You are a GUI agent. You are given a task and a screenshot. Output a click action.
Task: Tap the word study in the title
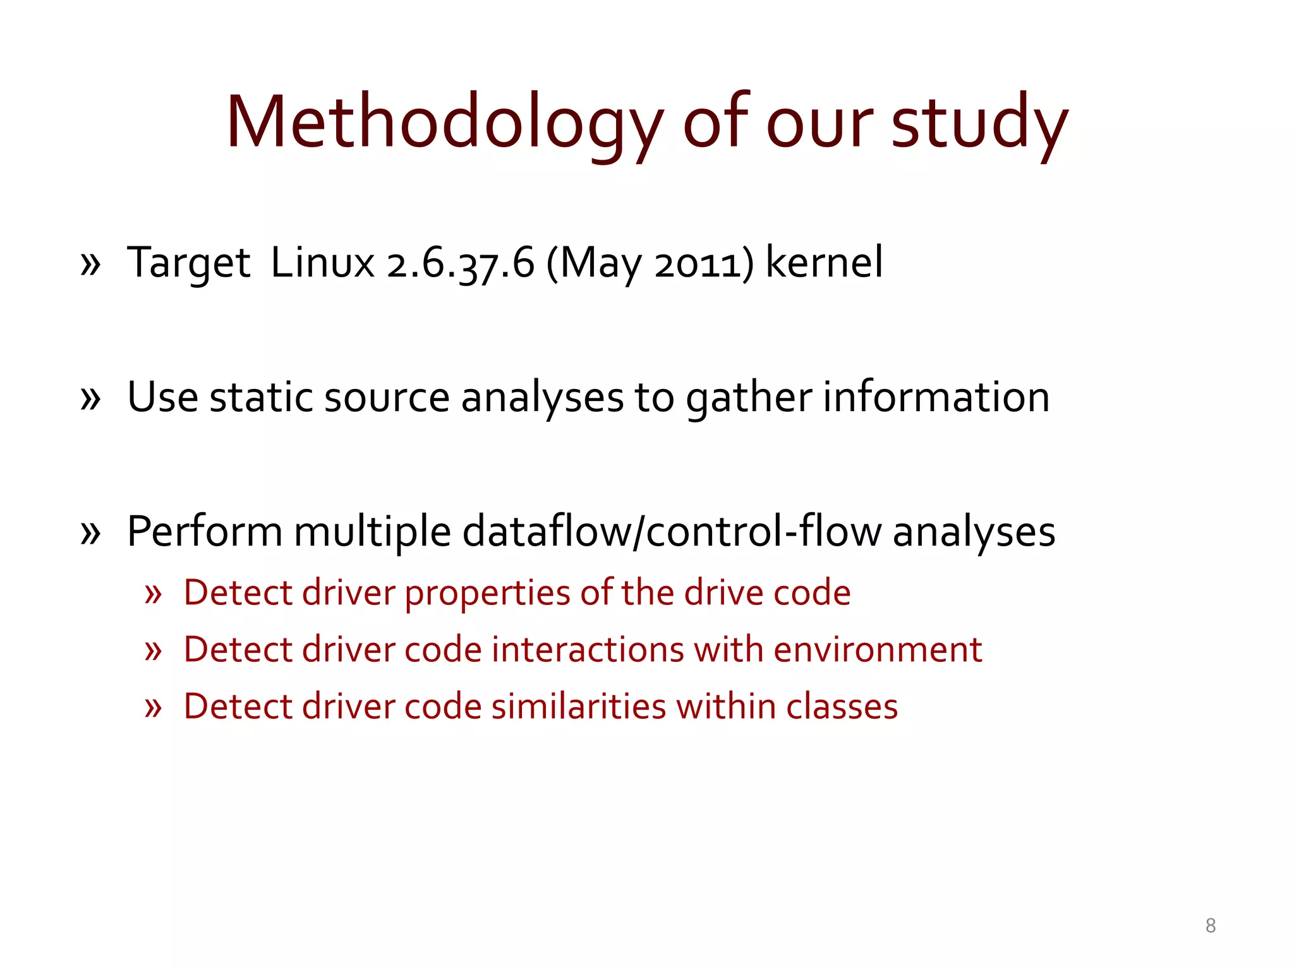click(x=979, y=123)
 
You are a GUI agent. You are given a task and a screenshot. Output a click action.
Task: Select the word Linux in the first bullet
click(x=322, y=263)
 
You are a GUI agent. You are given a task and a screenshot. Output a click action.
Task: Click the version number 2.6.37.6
click(x=461, y=264)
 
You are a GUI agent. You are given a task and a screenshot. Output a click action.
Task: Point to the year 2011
click(x=698, y=264)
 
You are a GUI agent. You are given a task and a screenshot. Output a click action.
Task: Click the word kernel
click(x=824, y=263)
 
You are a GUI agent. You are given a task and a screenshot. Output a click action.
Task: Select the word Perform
click(x=204, y=532)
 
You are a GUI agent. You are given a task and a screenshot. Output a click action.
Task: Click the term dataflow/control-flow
click(x=672, y=532)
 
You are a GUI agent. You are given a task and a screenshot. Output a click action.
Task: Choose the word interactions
click(x=588, y=650)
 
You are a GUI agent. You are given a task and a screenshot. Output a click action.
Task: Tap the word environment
click(x=878, y=650)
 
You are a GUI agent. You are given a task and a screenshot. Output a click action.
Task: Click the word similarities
click(x=579, y=706)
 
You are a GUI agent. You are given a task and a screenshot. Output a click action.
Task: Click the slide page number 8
click(x=1210, y=926)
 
